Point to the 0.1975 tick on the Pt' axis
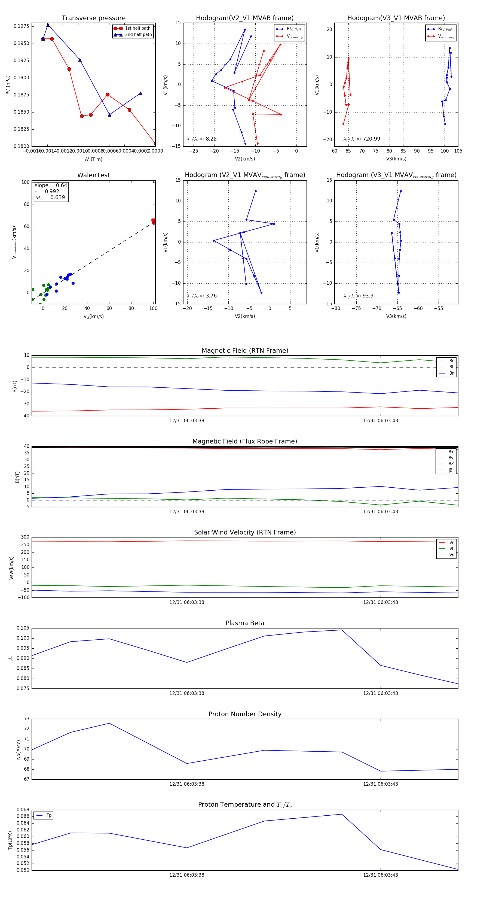point(21,26)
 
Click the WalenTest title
point(93,175)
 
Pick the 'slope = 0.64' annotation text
point(51,185)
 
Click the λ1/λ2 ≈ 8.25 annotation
point(201,139)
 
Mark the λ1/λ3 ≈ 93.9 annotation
point(358,296)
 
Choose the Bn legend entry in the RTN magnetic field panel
point(451,373)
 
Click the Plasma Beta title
point(245,623)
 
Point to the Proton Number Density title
point(245,714)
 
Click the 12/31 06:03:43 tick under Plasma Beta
point(381,693)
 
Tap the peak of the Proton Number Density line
point(109,723)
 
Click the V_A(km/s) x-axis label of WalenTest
point(93,317)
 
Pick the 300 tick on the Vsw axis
point(25,537)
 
